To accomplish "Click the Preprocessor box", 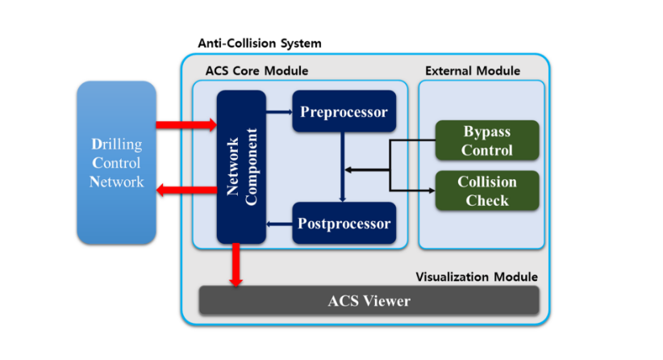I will (344, 112).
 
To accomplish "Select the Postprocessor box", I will (344, 224).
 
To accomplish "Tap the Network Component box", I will (241, 167).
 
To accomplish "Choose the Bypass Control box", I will (487, 140).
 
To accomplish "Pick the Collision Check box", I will (487, 190).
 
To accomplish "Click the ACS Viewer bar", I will (369, 301).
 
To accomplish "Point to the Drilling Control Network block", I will (116, 162).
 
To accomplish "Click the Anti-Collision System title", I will (259, 42).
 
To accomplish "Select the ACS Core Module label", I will (256, 71).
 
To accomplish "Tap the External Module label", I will (473, 71).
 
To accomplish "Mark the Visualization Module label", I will (476, 277).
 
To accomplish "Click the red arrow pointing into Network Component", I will (186, 124).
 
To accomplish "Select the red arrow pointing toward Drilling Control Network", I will (186, 190).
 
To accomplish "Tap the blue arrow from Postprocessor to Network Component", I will (279, 224).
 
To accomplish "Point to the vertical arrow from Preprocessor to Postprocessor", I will (344, 165).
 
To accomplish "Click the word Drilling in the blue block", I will (116, 144).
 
